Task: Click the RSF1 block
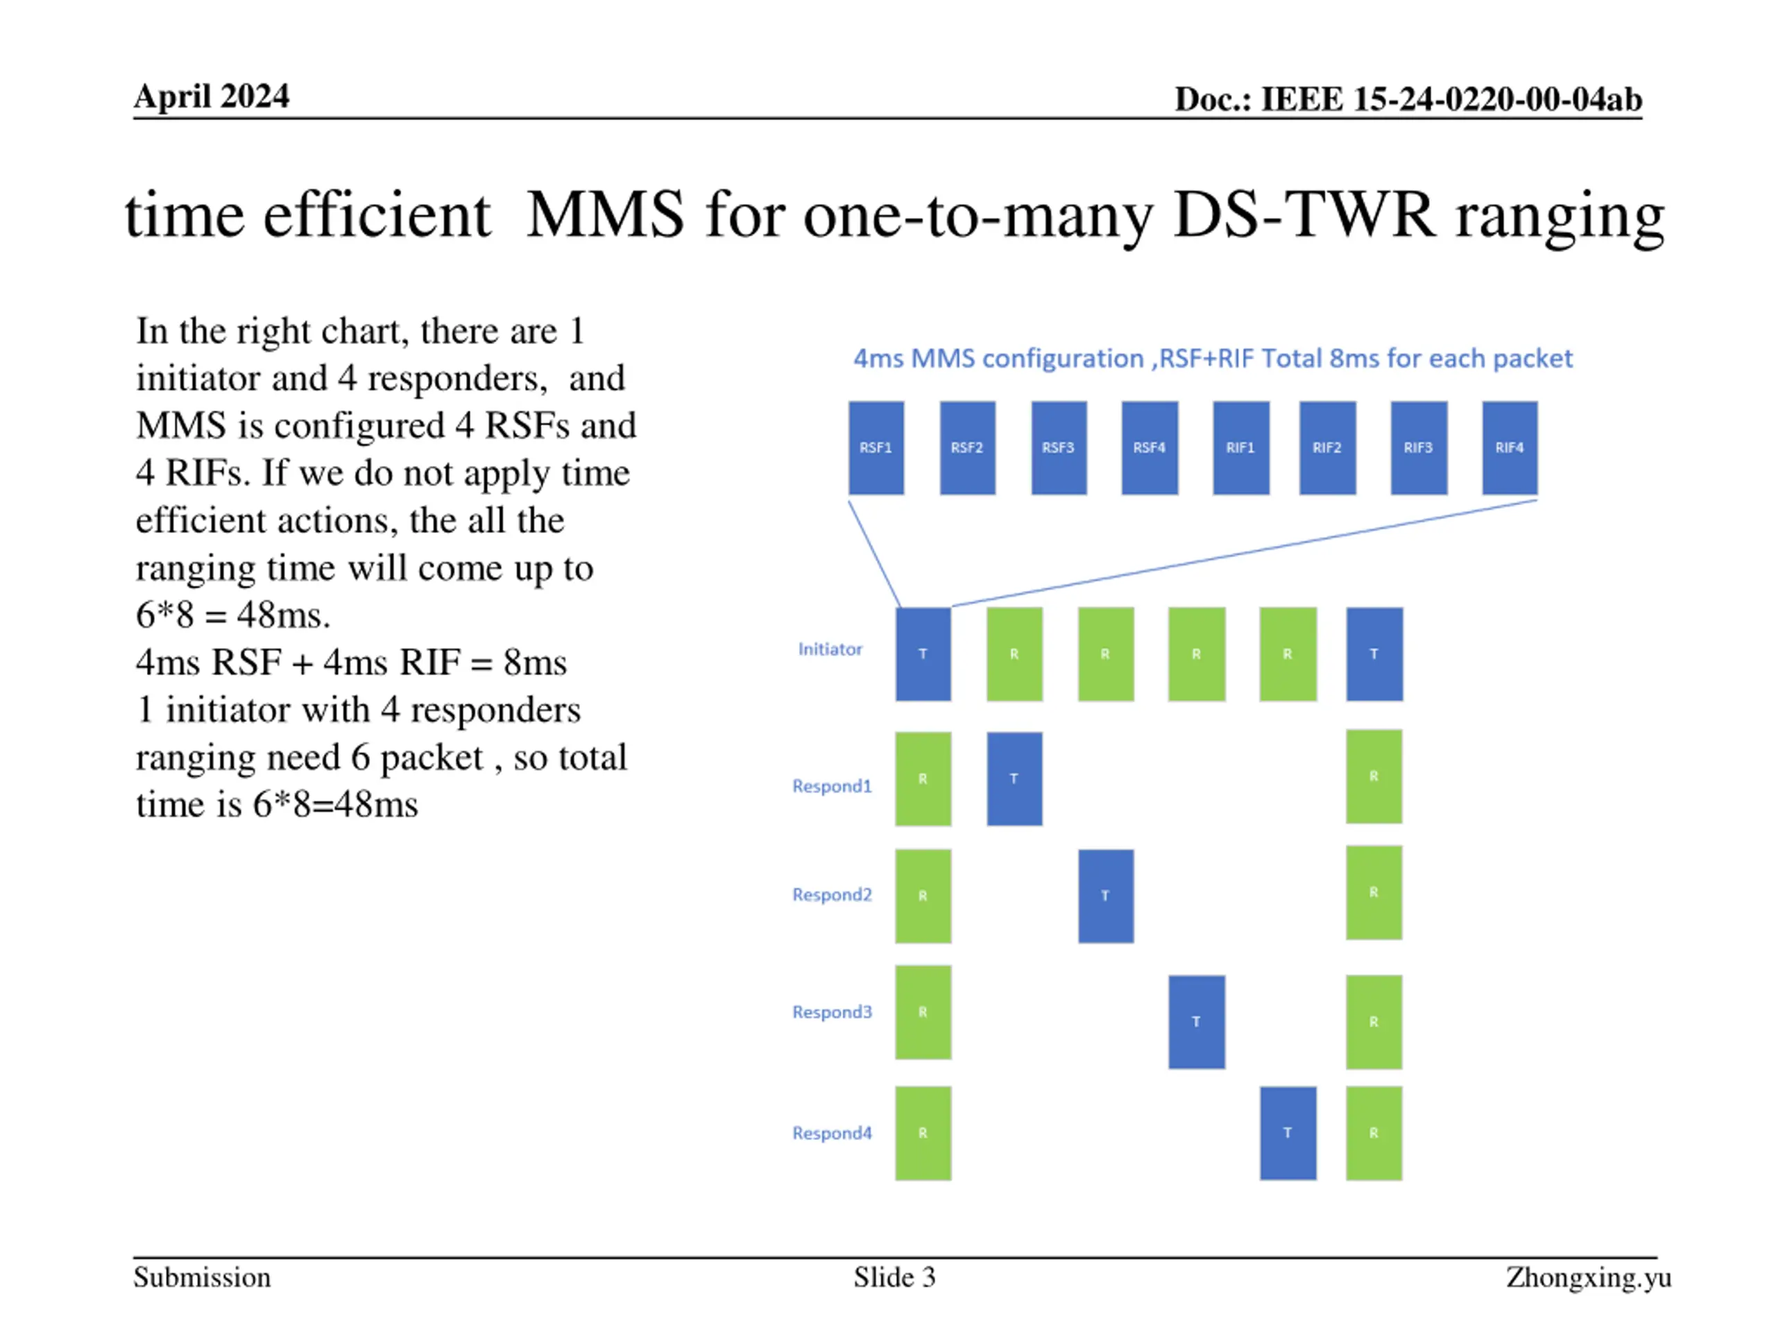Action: [876, 447]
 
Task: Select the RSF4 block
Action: [1149, 447]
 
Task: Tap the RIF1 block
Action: [1240, 447]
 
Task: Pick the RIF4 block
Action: [1510, 447]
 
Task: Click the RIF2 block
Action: [1327, 447]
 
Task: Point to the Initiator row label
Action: [830, 649]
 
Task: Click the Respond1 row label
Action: [832, 785]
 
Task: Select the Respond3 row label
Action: [832, 1011]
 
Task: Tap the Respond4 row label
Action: [832, 1133]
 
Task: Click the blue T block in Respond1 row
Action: [1014, 778]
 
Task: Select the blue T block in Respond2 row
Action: [1106, 895]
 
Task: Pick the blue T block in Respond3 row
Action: [1196, 1021]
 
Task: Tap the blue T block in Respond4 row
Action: [1288, 1133]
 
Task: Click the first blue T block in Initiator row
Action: [923, 654]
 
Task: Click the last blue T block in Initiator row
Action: [1374, 654]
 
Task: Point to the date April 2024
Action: [211, 96]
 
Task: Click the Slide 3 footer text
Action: [894, 1276]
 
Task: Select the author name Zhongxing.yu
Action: [1588, 1276]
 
